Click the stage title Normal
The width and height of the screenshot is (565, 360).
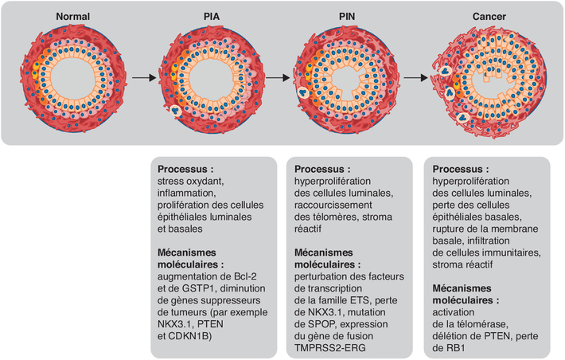coord(72,17)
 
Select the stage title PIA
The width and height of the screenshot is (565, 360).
coord(212,17)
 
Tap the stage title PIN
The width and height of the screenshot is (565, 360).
coord(347,17)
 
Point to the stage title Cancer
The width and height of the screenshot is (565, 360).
coord(489,17)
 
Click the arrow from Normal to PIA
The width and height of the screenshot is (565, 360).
coord(144,77)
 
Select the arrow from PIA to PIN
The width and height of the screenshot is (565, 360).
coord(278,77)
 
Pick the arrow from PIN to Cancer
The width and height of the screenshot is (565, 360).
coord(416,77)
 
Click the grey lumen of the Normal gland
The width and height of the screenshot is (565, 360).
coord(72,78)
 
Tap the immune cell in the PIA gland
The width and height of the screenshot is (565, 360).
coord(176,111)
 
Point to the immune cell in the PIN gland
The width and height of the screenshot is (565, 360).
coord(302,92)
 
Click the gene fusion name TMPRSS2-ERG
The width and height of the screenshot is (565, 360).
coord(329,348)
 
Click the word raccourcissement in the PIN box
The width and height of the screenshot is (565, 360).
coord(333,205)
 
